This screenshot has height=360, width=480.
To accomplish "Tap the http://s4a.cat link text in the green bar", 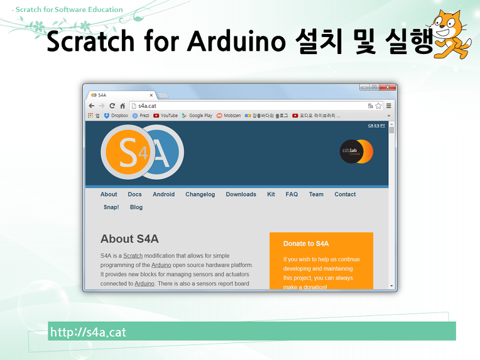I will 88,332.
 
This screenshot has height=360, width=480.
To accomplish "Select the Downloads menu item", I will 241,194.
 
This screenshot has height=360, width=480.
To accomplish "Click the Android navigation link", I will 163,194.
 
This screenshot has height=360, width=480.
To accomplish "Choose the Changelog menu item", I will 200,194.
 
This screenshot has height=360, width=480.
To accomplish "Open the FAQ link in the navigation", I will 292,194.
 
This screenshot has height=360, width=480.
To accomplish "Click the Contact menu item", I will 345,194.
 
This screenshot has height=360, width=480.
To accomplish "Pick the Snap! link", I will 111,207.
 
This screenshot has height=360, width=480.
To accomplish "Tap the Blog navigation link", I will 136,207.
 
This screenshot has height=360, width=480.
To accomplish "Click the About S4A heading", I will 129,239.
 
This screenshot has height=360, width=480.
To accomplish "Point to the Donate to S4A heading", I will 306,243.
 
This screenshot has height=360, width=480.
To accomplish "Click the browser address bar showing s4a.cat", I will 245,106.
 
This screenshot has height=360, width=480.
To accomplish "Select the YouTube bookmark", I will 166,116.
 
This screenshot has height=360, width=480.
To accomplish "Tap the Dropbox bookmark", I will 116,116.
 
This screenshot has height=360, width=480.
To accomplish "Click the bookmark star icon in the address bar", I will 379,106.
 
